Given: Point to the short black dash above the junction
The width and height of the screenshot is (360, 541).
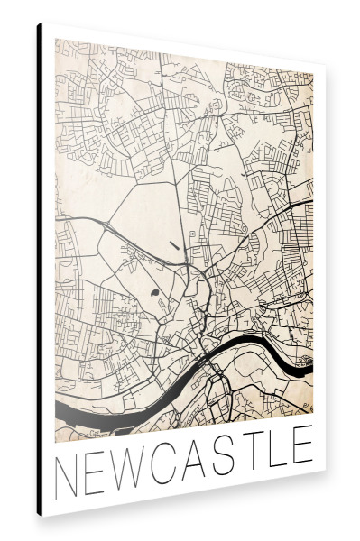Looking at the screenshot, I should pos(173,243).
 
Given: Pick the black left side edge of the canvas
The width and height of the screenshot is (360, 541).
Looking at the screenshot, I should pos(39,270).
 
